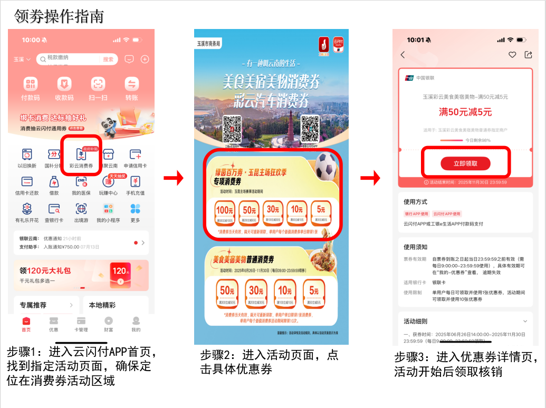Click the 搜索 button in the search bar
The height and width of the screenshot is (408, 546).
coord(108,60)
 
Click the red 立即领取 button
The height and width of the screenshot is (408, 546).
coord(465,163)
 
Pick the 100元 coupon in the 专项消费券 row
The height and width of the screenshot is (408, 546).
coord(225,212)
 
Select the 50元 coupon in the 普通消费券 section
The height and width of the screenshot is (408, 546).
coord(227,293)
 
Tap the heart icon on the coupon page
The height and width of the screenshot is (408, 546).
coord(512,55)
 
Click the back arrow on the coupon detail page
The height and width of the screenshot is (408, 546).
coord(403,55)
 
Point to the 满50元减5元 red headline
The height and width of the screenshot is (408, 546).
coord(465,112)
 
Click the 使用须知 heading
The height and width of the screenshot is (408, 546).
coord(416,247)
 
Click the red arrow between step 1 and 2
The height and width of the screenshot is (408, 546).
coord(173,179)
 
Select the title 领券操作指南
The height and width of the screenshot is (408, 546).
coord(59,16)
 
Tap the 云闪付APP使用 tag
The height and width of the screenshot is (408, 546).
coord(447,214)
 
